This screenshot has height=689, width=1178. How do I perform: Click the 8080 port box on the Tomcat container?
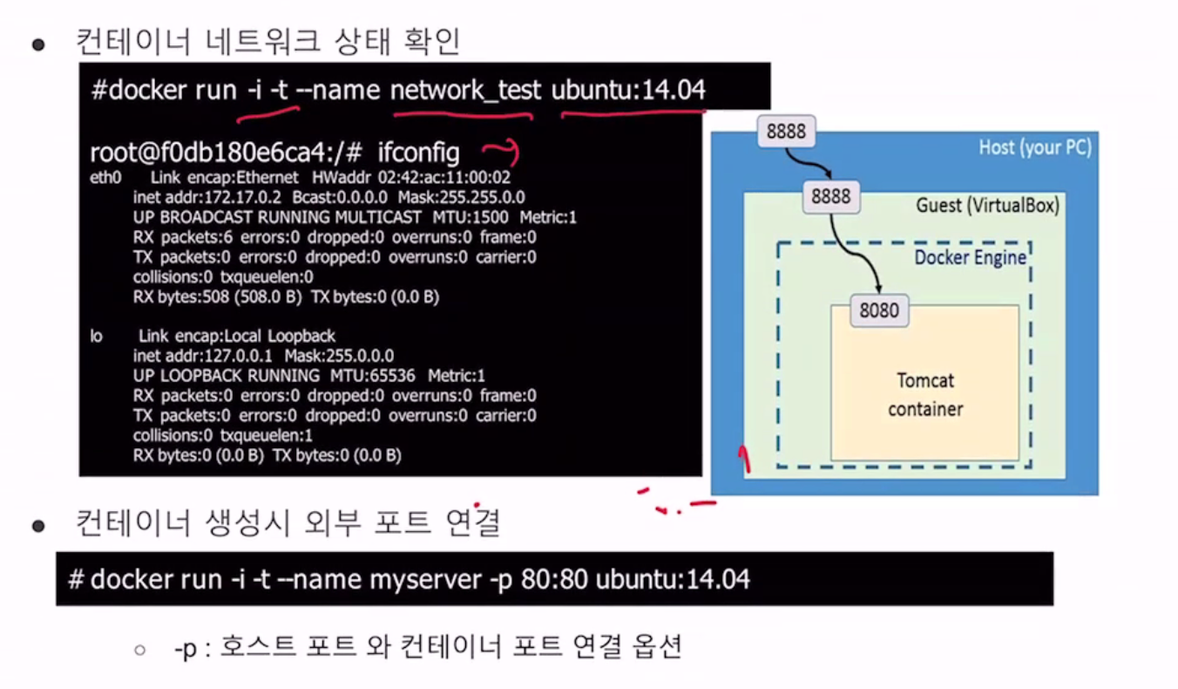[878, 310]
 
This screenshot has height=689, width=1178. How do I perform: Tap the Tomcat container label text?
[925, 394]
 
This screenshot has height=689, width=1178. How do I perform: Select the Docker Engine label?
[970, 258]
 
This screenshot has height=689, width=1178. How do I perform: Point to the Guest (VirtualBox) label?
[987, 206]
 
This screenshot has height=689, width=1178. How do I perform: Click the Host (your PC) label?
[1034, 147]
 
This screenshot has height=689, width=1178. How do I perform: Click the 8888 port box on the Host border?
[786, 132]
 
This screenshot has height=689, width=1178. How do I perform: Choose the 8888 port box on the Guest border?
[830, 196]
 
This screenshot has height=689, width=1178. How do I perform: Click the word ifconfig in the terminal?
[418, 153]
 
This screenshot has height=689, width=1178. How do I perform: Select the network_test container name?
[465, 90]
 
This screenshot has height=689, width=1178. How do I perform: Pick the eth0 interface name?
[103, 178]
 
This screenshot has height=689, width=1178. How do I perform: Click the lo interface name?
[97, 336]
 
